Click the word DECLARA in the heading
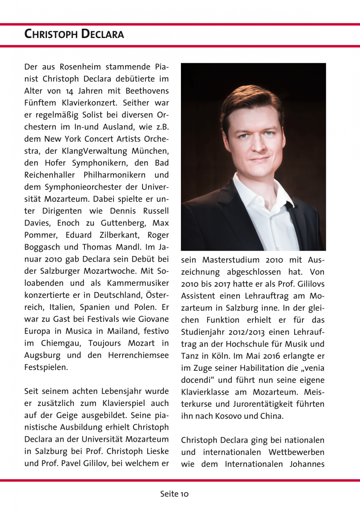click(x=102, y=34)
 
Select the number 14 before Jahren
click(x=69, y=91)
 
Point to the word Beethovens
click(x=147, y=91)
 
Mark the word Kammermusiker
click(x=138, y=283)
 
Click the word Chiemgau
click(x=61, y=344)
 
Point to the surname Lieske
click(x=157, y=451)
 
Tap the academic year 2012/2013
click(x=246, y=332)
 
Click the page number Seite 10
click(x=174, y=494)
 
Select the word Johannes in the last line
click(x=307, y=464)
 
